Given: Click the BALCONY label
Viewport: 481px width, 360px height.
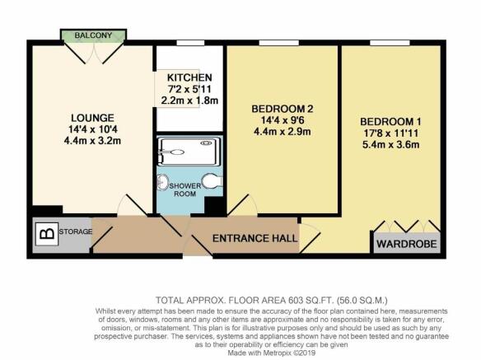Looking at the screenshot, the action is [93, 35].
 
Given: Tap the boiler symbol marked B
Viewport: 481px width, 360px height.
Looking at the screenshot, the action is [47, 234].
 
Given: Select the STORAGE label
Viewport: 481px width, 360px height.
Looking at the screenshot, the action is [76, 231].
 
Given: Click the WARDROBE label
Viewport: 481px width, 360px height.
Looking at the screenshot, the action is [406, 244].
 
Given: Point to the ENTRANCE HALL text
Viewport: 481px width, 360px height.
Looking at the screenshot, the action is [255, 238].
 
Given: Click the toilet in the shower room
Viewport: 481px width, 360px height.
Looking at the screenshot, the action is [212, 180].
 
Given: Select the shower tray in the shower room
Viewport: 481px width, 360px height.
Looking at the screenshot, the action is [189, 152].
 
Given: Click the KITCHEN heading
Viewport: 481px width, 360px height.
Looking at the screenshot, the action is [189, 77].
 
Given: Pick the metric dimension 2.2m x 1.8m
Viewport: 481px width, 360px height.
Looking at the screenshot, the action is [189, 101].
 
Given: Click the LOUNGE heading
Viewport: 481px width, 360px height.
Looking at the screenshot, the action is [92, 118].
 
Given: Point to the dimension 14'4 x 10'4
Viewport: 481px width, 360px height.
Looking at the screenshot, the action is [92, 129].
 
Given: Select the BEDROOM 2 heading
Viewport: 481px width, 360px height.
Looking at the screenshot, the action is [283, 109].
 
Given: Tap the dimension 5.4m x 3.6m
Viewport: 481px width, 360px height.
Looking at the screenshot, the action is [390, 144].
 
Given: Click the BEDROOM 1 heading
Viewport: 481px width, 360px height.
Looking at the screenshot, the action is [390, 122].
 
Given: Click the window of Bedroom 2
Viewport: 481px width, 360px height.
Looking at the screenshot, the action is [279, 43].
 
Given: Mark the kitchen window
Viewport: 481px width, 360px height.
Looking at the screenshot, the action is [190, 43].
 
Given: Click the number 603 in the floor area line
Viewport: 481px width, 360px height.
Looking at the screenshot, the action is [294, 300].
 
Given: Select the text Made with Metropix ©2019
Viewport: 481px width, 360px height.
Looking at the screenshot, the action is [271, 353].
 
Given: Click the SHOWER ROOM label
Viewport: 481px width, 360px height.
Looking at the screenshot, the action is [185, 189].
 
